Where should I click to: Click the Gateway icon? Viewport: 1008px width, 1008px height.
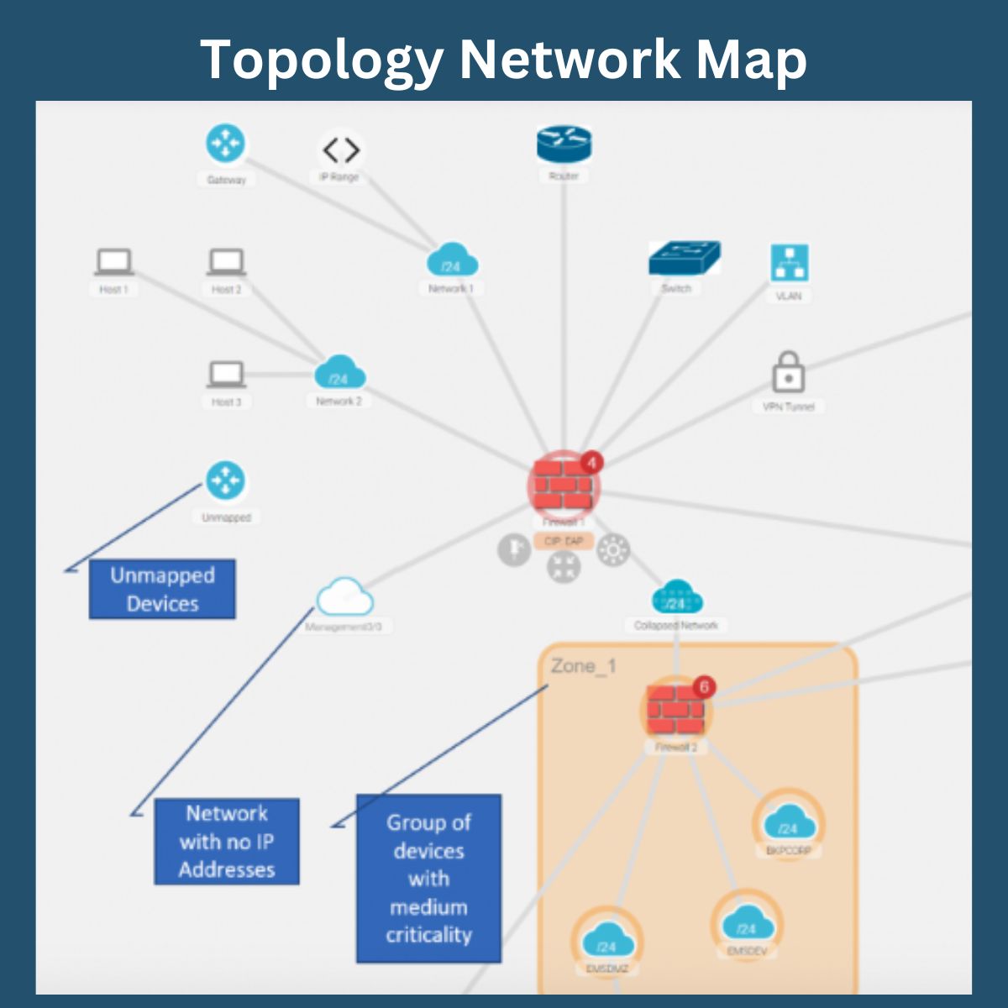[x=225, y=144]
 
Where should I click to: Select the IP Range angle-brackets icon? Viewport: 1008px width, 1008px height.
[x=341, y=150]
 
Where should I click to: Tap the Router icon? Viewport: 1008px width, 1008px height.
[x=564, y=144]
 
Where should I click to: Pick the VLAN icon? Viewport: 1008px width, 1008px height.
[x=789, y=263]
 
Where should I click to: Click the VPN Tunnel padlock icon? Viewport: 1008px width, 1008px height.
[x=788, y=372]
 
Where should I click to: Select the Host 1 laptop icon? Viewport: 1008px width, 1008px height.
[x=113, y=261]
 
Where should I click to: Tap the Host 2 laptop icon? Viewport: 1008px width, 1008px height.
[x=226, y=261]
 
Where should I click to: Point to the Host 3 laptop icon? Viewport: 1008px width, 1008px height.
[x=226, y=374]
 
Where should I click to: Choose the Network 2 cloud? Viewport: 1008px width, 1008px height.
[x=339, y=373]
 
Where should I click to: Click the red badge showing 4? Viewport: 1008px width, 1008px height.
[x=591, y=463]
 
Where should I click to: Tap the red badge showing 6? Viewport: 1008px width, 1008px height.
[x=704, y=687]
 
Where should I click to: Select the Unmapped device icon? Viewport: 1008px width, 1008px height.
[x=225, y=480]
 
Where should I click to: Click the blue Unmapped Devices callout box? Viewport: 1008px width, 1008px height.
[x=162, y=590]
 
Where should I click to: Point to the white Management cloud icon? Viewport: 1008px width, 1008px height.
[x=344, y=597]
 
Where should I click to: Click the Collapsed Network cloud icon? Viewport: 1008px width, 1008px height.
[x=676, y=597]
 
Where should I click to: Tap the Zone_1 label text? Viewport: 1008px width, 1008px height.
[x=583, y=666]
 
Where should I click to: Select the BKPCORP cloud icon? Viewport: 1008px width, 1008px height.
[x=788, y=822]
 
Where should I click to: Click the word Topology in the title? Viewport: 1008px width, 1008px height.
[x=323, y=60]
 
